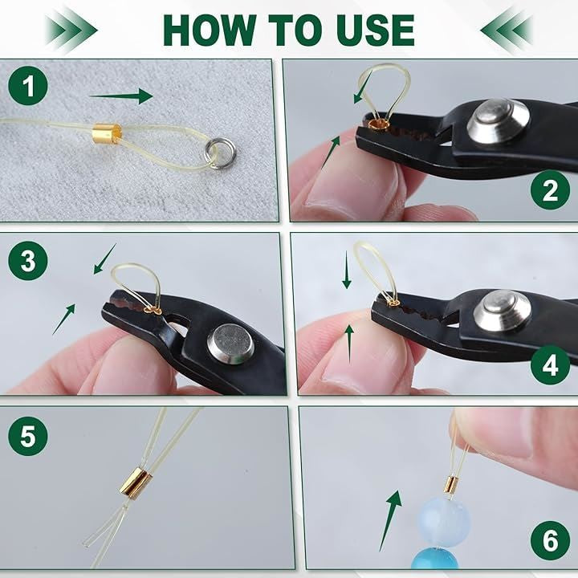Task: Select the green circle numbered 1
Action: click(28, 86)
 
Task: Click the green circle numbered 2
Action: click(551, 189)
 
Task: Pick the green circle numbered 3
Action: click(28, 260)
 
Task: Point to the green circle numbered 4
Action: click(551, 365)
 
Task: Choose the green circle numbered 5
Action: click(28, 436)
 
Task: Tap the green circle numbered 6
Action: click(551, 540)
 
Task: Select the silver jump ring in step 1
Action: click(219, 153)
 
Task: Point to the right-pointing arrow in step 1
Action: click(121, 96)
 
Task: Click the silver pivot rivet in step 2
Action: click(499, 121)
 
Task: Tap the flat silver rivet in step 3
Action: click(230, 344)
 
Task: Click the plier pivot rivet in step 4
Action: click(503, 311)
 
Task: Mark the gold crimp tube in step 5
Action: click(136, 481)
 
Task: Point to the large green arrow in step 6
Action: click(391, 520)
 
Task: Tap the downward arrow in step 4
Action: click(347, 270)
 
